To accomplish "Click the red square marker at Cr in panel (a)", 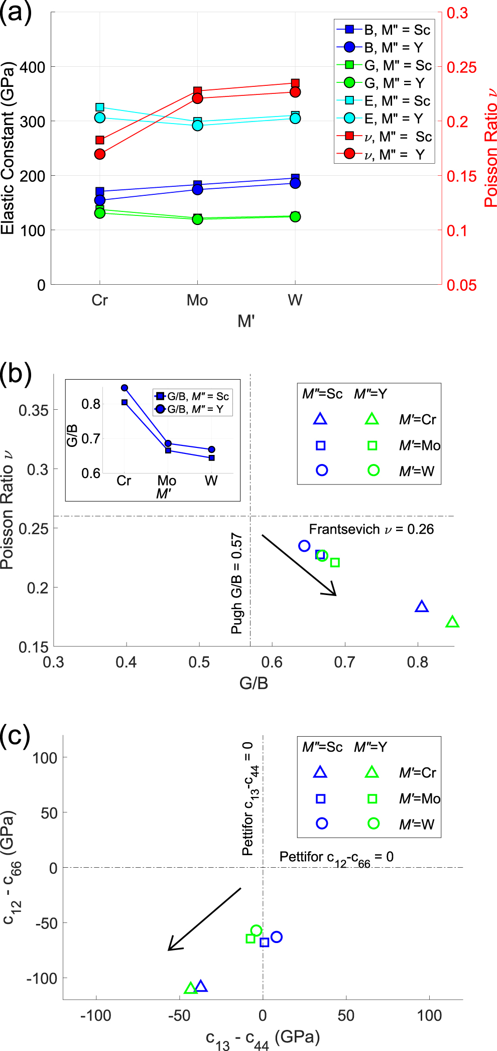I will click(x=99, y=140).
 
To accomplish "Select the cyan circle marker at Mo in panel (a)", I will click(x=197, y=125).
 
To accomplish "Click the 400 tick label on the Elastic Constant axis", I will click(x=32, y=67).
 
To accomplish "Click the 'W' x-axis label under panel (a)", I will click(x=295, y=300).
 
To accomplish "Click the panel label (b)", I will click(x=16, y=374).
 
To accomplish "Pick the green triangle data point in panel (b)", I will click(x=452, y=622).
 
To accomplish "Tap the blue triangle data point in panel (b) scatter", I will click(x=422, y=607).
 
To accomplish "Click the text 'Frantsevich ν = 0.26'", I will click(x=371, y=529).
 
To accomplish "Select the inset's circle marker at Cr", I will click(x=125, y=388).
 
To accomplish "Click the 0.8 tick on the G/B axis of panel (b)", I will click(x=417, y=662).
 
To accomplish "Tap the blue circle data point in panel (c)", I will click(x=276, y=937).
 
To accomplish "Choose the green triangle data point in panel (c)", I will click(x=190, y=988).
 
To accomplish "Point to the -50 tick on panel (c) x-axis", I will click(x=179, y=1015).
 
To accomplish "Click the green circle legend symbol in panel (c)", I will click(x=373, y=824).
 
